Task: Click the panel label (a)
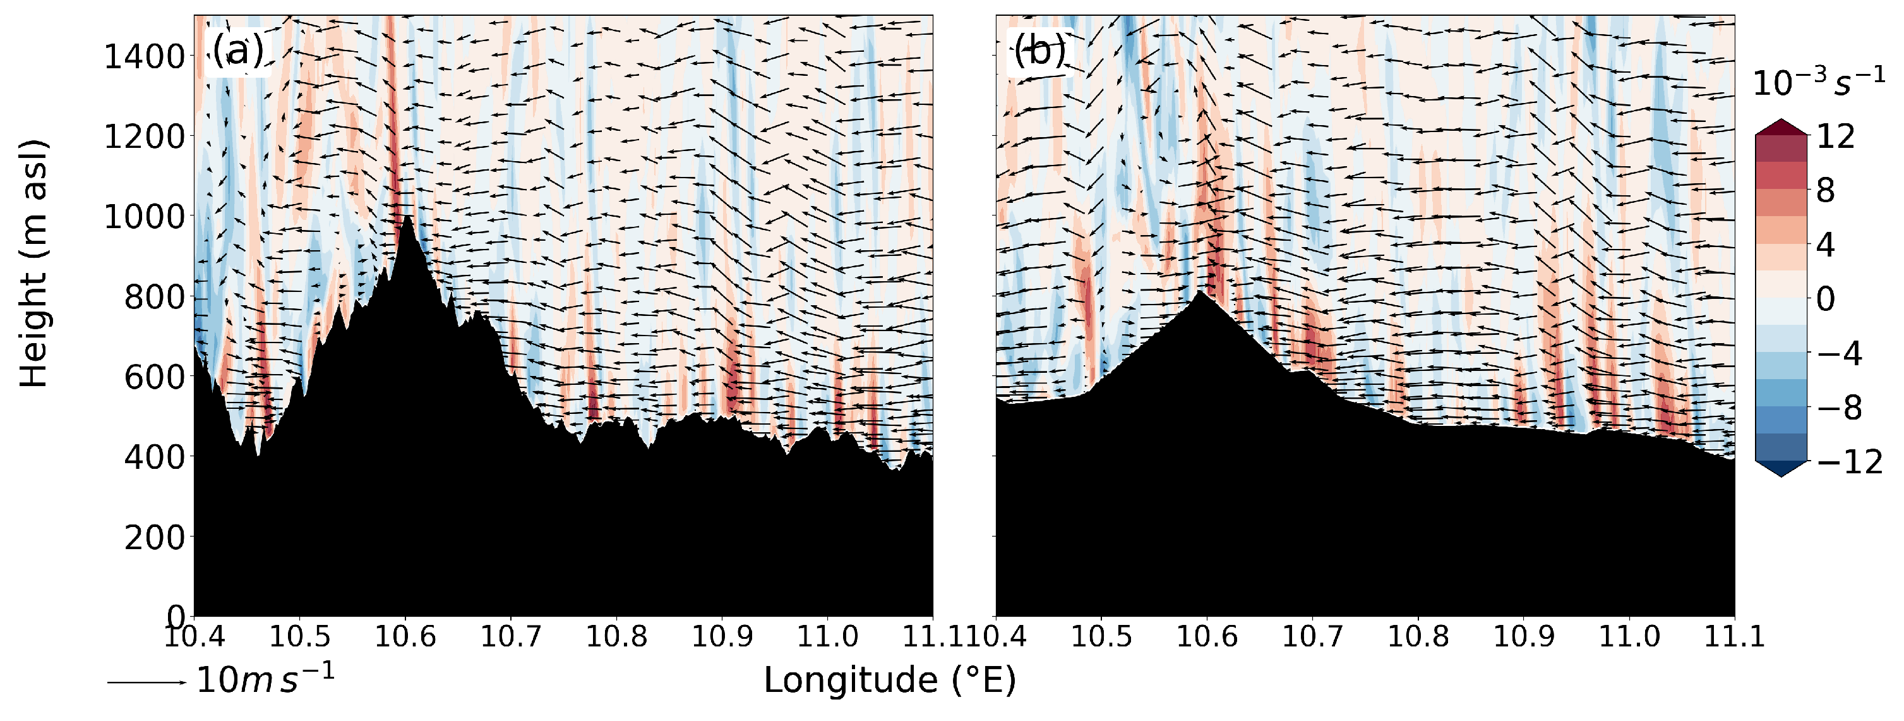[x=238, y=52]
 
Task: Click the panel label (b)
[x=1039, y=52]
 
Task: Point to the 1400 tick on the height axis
[x=143, y=57]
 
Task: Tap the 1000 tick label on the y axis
[x=143, y=217]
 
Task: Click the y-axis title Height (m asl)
[x=34, y=262]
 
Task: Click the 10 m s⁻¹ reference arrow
[x=147, y=682]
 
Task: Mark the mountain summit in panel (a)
[x=407, y=217]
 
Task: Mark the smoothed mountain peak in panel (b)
[x=1200, y=292]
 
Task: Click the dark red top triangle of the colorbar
[x=1781, y=127]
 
